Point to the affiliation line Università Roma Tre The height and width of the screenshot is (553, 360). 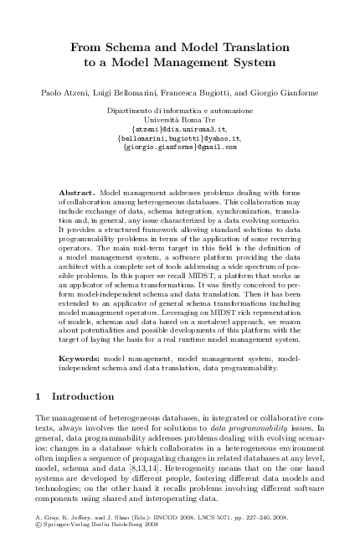tap(179, 120)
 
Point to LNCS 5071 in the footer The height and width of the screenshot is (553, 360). tap(201, 520)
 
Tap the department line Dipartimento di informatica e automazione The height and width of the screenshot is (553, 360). tap(179, 111)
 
